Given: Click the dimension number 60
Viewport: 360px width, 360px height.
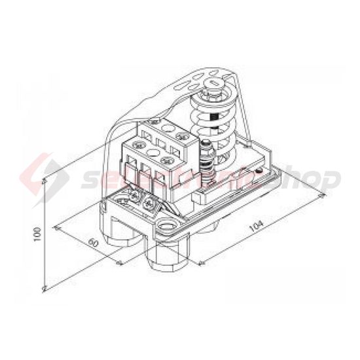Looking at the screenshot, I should pyautogui.click(x=92, y=243).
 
